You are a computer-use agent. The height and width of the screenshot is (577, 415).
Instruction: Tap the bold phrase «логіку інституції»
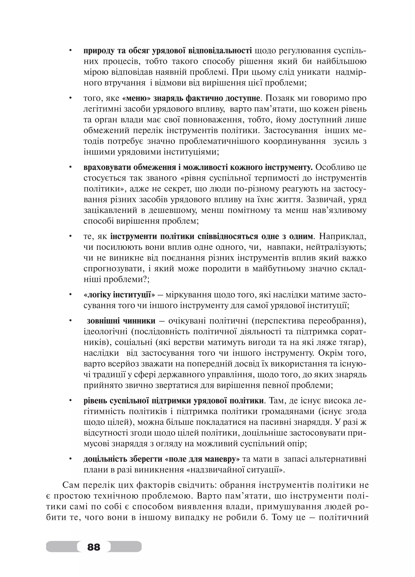pos(119,295)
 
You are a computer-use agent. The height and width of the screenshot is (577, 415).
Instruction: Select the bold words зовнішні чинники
pos(121,321)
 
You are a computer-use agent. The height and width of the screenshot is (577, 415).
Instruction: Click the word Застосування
pos(290,131)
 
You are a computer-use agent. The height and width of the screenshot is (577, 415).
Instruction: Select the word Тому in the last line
pos(283,517)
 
